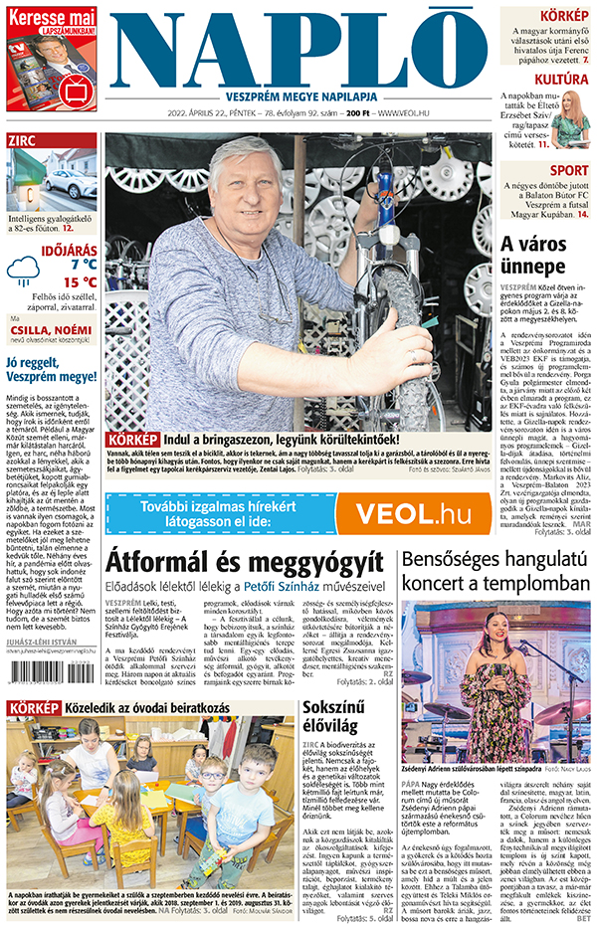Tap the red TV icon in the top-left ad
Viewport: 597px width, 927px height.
(x=75, y=90)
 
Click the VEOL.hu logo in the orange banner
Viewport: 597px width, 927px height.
(x=399, y=513)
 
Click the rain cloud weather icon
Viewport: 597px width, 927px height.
(x=22, y=269)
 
